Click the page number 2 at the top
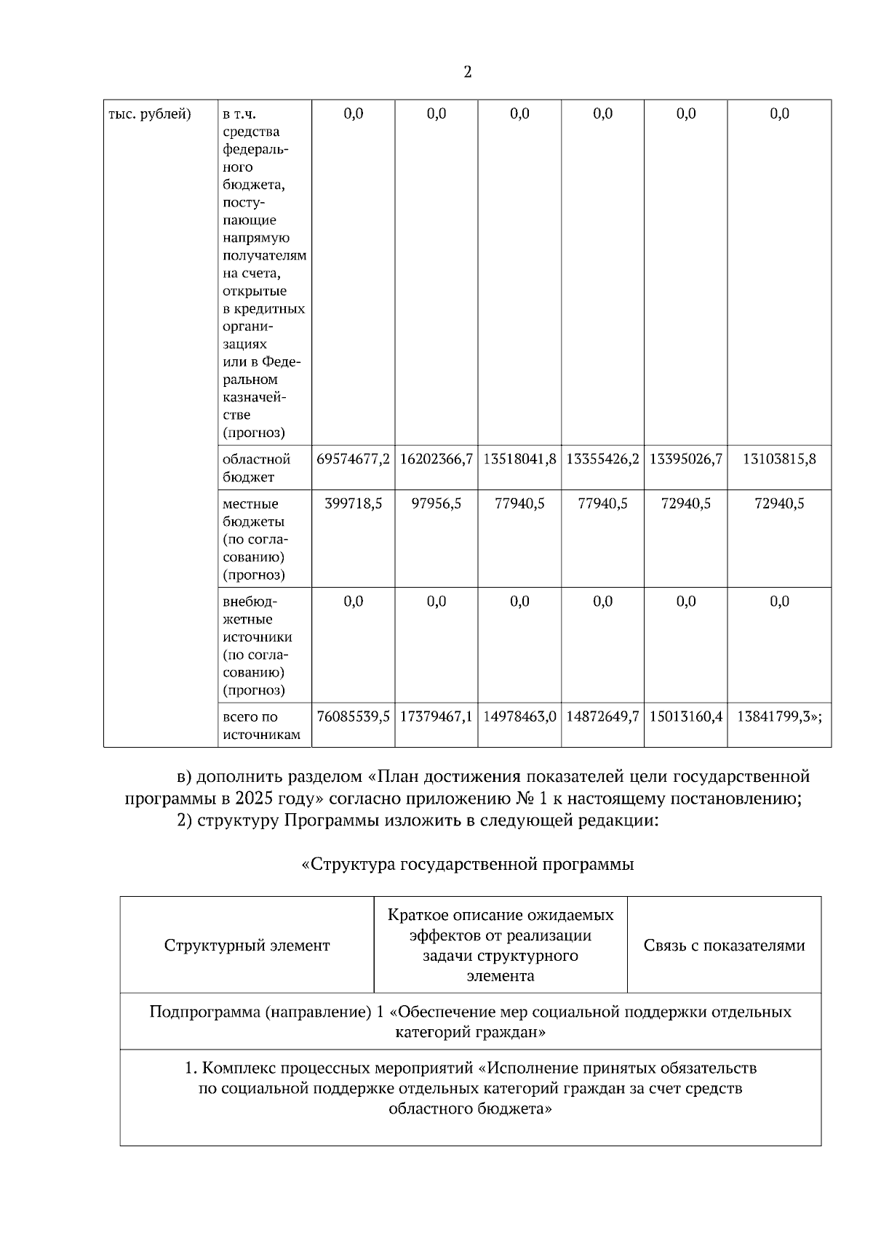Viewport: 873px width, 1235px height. [x=467, y=72]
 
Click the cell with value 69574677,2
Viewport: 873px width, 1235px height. [x=354, y=459]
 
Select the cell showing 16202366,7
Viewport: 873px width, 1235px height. [x=436, y=459]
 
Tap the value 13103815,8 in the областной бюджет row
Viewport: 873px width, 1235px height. [x=779, y=459]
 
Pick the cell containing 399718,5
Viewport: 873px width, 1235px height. [x=354, y=503]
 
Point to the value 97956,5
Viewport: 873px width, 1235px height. [x=436, y=503]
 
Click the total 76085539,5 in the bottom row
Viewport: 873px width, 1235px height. [x=354, y=716]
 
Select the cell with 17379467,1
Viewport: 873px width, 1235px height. [x=436, y=716]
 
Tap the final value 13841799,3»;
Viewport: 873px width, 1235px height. [x=779, y=716]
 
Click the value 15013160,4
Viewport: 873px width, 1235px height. [x=686, y=716]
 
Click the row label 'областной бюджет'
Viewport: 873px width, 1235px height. [x=256, y=468]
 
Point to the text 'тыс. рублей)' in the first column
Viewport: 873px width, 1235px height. [x=150, y=114]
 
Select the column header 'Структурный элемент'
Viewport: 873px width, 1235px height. [x=247, y=946]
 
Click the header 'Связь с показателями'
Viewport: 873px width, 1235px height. [x=724, y=946]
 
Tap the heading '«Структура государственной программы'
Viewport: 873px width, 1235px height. [x=467, y=864]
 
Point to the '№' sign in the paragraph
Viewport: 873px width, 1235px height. [x=525, y=799]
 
